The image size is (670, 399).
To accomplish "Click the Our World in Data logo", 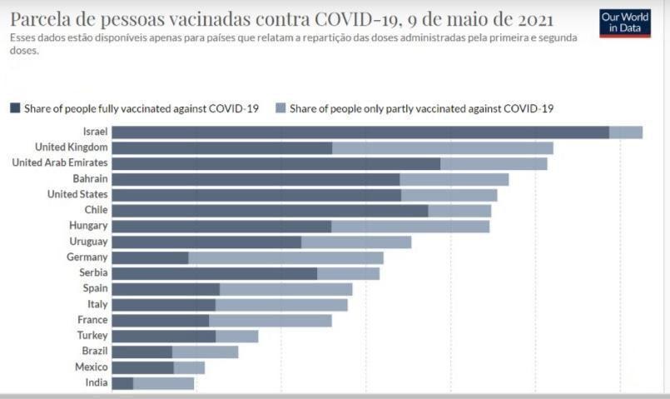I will pyautogui.click(x=624, y=23).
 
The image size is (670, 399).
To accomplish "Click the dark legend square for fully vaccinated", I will pyautogui.click(x=15, y=108).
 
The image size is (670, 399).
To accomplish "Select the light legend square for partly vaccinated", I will pyautogui.click(x=280, y=108).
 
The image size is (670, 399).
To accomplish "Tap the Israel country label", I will pyautogui.click(x=95, y=132).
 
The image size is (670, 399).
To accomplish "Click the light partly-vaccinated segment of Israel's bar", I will pyautogui.click(x=626, y=132).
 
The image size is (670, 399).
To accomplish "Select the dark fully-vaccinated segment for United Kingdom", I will pyautogui.click(x=221, y=147).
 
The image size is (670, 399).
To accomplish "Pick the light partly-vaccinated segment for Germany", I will pyautogui.click(x=285, y=257).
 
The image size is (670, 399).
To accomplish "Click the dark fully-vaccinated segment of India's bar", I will pyautogui.click(x=122, y=383).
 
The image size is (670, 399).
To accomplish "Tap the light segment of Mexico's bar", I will pyautogui.click(x=189, y=367).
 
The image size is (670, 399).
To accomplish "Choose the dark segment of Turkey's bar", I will pyautogui.click(x=163, y=336).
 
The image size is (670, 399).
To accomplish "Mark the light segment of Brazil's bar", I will pyautogui.click(x=205, y=352).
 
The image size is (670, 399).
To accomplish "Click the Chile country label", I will pyautogui.click(x=96, y=210).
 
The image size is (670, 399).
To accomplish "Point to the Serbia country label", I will pyautogui.click(x=93, y=273).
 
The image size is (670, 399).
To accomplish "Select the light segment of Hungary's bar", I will pyautogui.click(x=410, y=226).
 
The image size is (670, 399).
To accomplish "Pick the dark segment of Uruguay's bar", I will pyautogui.click(x=206, y=242).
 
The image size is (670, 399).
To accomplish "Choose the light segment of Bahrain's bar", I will pyautogui.click(x=454, y=179).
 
